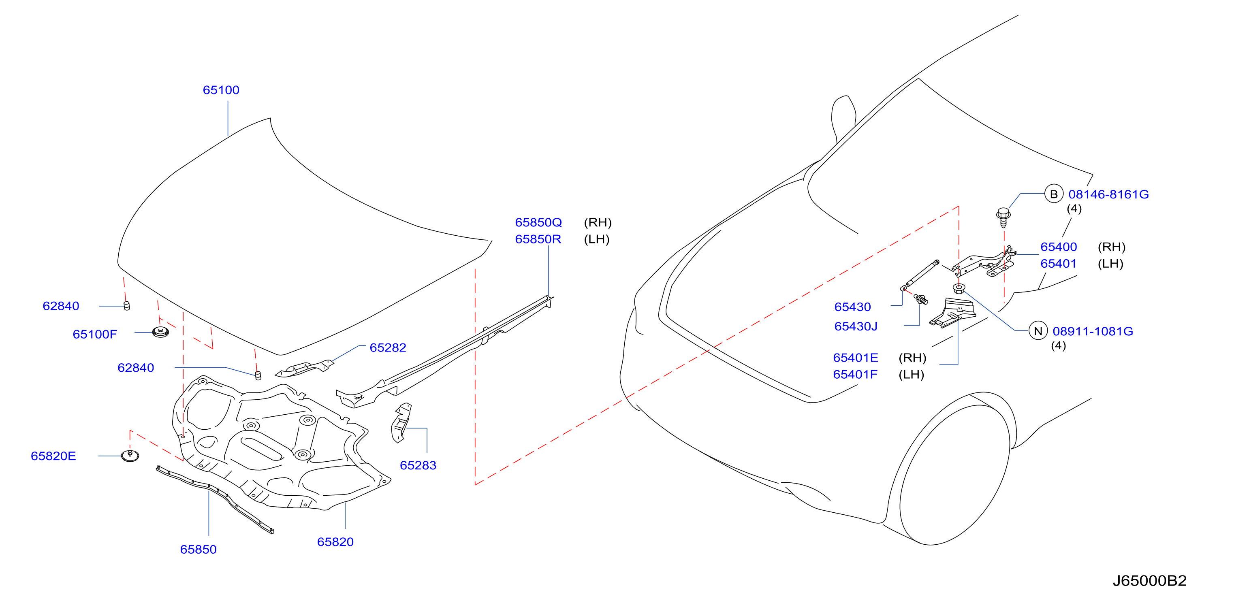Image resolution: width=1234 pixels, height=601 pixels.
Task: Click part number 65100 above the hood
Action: [221, 90]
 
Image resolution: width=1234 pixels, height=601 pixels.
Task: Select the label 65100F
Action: [95, 334]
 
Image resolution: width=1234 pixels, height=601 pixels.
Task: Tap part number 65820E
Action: [53, 456]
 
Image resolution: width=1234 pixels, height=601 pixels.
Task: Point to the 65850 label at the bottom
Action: [199, 549]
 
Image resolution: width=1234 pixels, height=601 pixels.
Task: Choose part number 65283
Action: [418, 465]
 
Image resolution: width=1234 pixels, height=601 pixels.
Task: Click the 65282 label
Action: [388, 347]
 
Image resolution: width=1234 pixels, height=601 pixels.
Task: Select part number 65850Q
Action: [538, 223]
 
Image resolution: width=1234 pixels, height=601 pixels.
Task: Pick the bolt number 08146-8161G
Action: [1108, 194]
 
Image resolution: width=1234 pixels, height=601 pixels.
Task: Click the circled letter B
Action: [1054, 194]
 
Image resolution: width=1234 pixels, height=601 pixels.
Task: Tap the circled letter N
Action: [1038, 331]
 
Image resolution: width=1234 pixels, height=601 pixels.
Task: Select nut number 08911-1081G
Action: [1093, 331]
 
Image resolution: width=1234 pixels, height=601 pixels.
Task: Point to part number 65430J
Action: [856, 326]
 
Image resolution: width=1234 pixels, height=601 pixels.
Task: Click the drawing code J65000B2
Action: [1150, 581]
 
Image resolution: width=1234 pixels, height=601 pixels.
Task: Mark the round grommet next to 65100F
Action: [160, 332]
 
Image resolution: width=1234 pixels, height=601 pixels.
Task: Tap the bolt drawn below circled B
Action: [1003, 217]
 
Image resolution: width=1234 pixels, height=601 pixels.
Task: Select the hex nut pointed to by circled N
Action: [959, 288]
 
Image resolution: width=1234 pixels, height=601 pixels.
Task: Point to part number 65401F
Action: [856, 375]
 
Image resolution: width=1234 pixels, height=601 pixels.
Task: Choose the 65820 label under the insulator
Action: [335, 542]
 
